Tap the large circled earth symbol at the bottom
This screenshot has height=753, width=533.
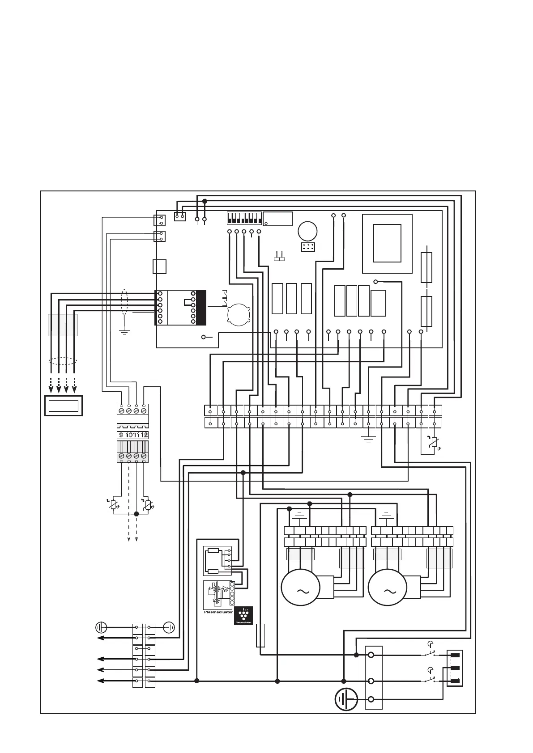pos(346,699)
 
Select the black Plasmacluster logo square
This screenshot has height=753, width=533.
pos(243,616)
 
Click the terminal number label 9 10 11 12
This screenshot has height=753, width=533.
pos(133,435)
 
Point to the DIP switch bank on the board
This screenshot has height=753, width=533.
pos(244,218)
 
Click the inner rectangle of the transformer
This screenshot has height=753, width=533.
pos(387,243)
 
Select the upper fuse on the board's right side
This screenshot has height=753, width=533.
pos(426,267)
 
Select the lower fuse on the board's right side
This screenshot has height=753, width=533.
pos(426,311)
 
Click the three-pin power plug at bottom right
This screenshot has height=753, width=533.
pos(455,668)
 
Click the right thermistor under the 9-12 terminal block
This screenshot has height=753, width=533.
pos(148,505)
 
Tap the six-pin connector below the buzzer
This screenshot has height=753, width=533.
pos(308,247)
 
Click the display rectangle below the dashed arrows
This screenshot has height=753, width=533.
pos(64,406)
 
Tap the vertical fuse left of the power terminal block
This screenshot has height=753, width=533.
pos(260,635)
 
